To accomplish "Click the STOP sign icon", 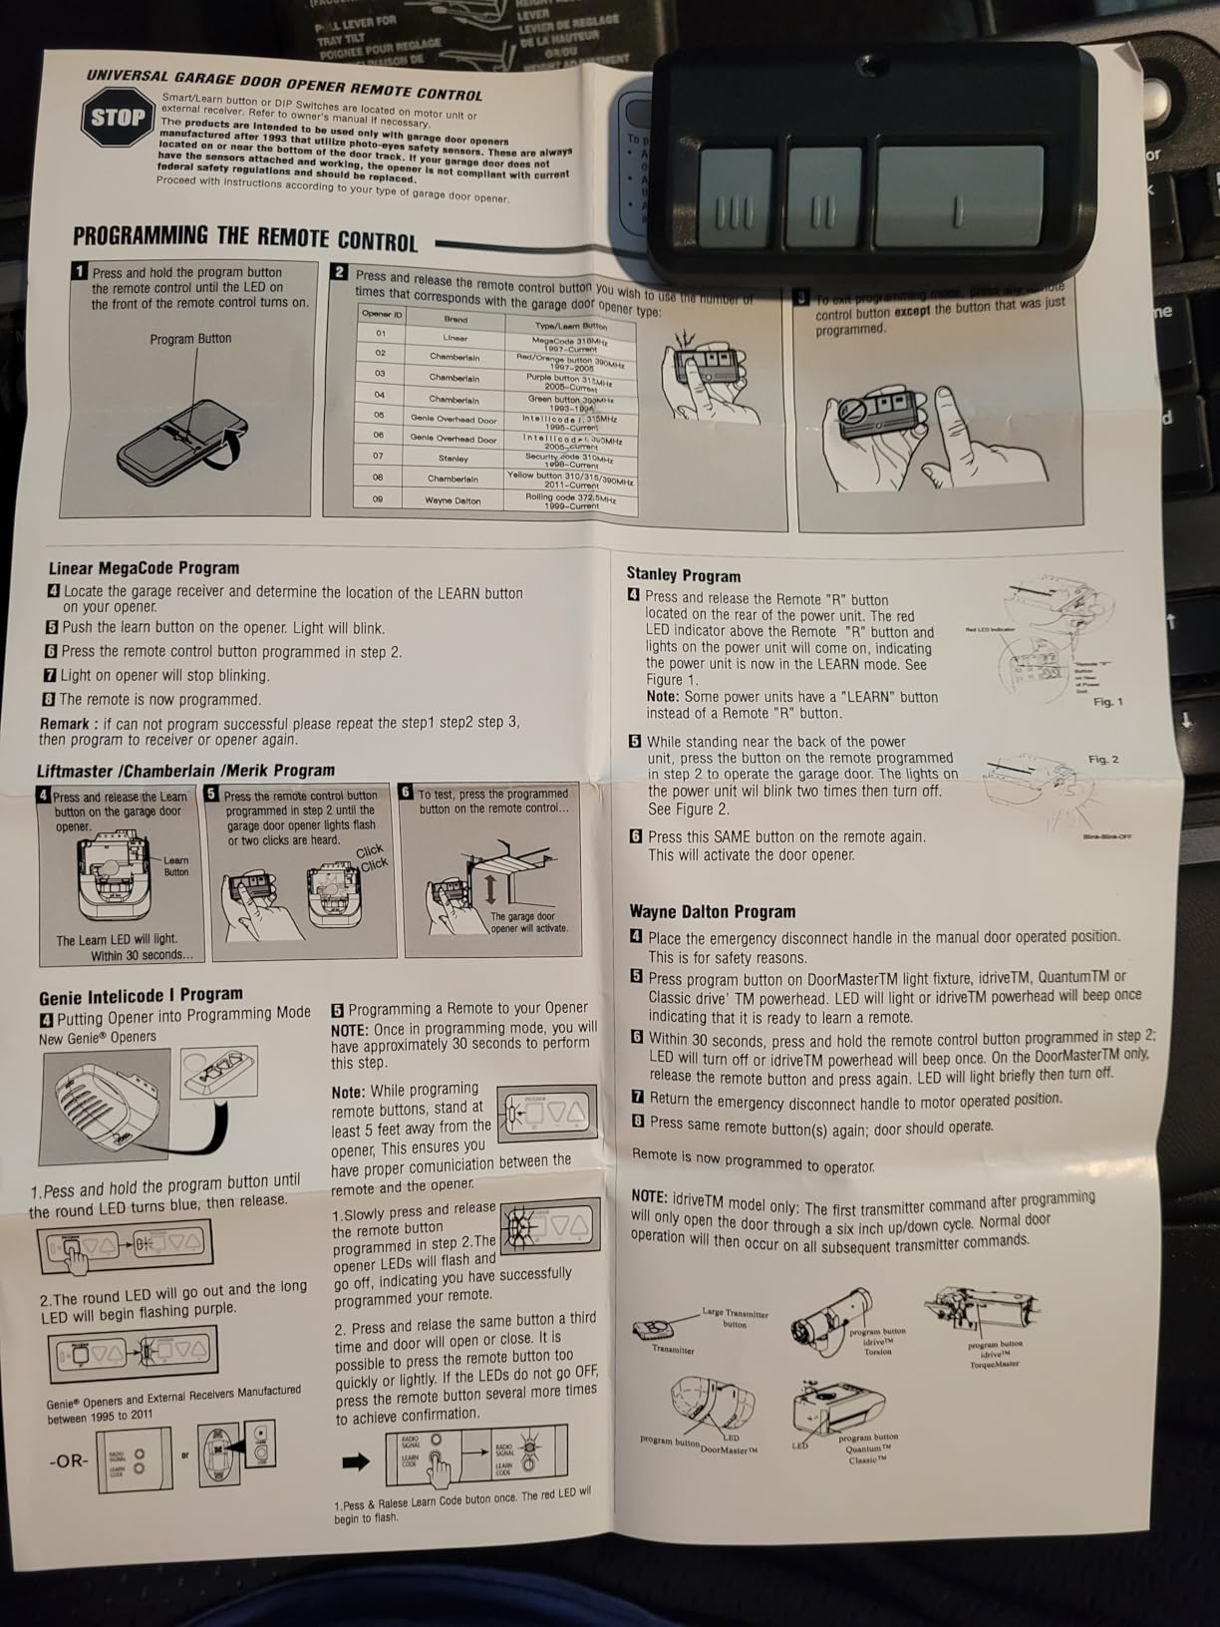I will pyautogui.click(x=118, y=118).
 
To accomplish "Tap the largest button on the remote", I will pyautogui.click(x=959, y=195).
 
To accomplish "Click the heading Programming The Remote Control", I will pyautogui.click(x=245, y=238).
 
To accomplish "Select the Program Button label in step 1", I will pyautogui.click(x=190, y=339).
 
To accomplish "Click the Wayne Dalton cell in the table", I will pyautogui.click(x=453, y=500).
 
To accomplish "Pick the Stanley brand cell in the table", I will pyautogui.click(x=453, y=459).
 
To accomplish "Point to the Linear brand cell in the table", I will pyautogui.click(x=455, y=338).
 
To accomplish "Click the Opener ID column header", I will pyautogui.click(x=382, y=314).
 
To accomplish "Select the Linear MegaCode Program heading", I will pyautogui.click(x=144, y=568).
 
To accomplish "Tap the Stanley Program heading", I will pyautogui.click(x=683, y=575).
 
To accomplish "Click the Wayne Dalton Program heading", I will pyautogui.click(x=712, y=911).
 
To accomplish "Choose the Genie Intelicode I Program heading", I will pyautogui.click(x=141, y=995).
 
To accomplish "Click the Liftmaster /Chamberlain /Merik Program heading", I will pyautogui.click(x=185, y=771).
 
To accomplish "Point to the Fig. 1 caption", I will pyautogui.click(x=1107, y=702).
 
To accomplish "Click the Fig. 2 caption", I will pyautogui.click(x=1102, y=760).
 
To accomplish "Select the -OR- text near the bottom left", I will pyautogui.click(x=68, y=1461).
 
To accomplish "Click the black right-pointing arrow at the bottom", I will pyautogui.click(x=356, y=1463).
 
